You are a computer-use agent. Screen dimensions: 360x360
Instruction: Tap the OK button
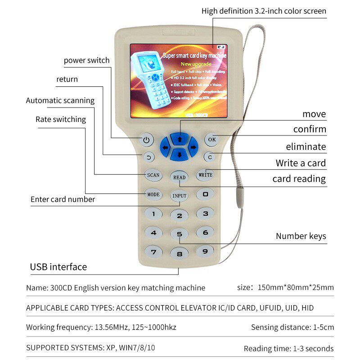click(212, 139)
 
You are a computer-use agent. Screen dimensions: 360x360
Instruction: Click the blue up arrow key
click(180, 139)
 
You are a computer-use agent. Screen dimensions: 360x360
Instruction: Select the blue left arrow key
click(166, 147)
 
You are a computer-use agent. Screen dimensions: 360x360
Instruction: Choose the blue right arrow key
click(193, 147)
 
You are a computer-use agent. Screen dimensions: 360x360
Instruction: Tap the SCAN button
click(153, 175)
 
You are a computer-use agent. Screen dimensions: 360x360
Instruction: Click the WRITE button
click(205, 175)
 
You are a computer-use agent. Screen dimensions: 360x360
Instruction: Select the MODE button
click(153, 194)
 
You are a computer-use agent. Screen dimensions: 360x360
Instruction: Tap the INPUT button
click(180, 196)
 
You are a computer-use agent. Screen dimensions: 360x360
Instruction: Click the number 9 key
click(205, 251)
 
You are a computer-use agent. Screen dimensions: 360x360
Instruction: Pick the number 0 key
click(205, 194)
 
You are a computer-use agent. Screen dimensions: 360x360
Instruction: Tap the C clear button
click(208, 157)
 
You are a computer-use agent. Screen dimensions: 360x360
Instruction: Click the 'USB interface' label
click(58, 267)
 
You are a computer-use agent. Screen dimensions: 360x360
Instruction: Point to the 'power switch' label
click(86, 60)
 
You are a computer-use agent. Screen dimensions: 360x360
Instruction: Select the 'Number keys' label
click(301, 236)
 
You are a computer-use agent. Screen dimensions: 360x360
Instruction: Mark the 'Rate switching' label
click(60, 119)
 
